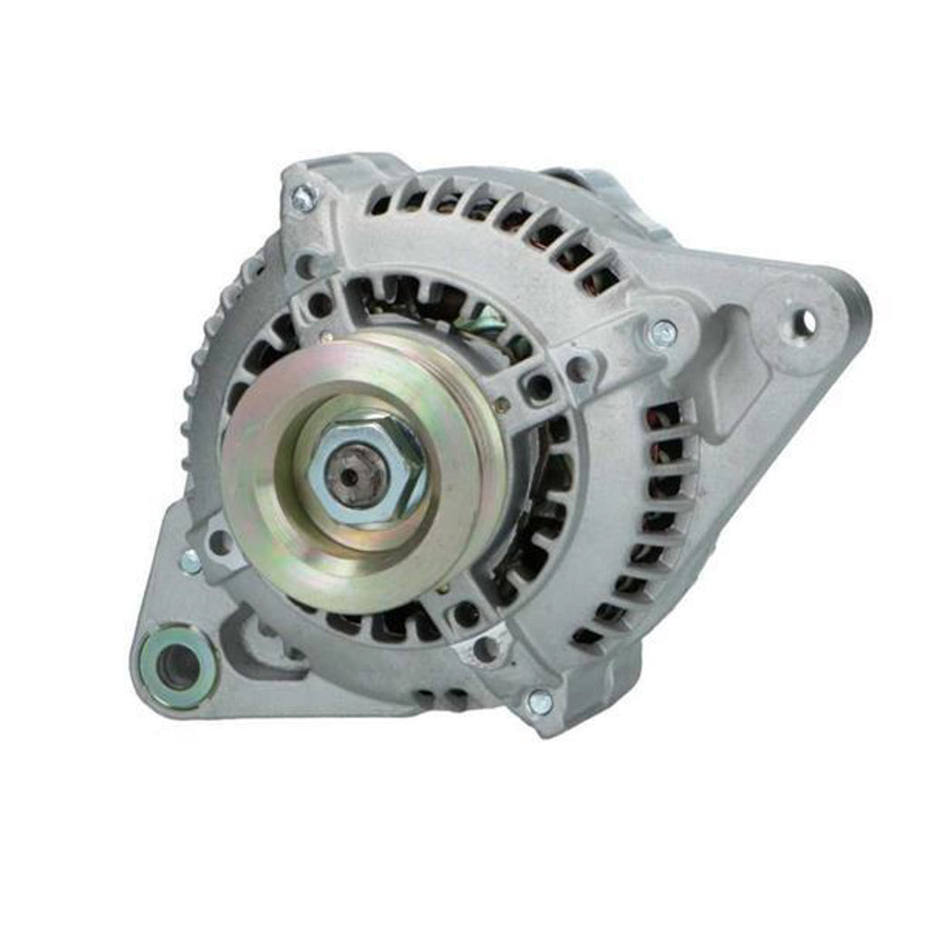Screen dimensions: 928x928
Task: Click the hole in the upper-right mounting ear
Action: coord(803,322)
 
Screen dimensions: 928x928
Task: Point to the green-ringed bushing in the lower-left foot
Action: coord(177,668)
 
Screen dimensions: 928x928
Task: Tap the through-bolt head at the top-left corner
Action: coord(304,198)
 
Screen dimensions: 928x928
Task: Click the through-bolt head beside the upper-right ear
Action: coord(662,333)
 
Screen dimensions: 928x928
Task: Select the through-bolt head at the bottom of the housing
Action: coord(540,701)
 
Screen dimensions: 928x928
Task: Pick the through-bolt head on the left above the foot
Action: coord(191,562)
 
